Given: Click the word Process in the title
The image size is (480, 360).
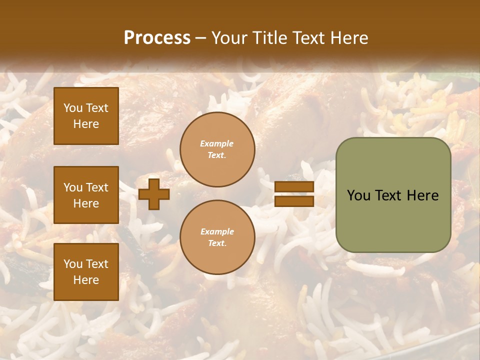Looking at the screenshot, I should (157, 38).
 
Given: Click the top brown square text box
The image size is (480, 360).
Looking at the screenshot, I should (86, 116).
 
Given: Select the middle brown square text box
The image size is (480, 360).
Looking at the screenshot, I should (86, 195).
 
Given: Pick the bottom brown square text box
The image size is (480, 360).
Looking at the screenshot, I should (86, 271).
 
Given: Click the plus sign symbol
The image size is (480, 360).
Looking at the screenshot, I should (154, 194).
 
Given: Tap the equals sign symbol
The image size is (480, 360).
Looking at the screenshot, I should (294, 194).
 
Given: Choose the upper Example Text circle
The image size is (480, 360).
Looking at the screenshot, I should (217, 149).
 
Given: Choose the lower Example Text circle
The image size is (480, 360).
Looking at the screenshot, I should (217, 237).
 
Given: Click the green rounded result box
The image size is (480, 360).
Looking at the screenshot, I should (393, 195).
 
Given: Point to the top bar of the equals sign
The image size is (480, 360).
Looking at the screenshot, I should (294, 187).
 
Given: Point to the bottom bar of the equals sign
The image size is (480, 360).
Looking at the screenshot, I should (294, 201).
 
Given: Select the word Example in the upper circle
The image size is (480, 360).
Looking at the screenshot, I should (217, 144).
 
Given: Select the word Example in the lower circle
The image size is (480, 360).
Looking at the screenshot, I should (217, 232).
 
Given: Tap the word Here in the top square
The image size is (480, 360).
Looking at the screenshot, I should (86, 124).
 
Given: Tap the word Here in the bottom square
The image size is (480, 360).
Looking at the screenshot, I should (86, 280).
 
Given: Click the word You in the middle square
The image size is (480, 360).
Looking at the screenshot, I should (72, 187).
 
